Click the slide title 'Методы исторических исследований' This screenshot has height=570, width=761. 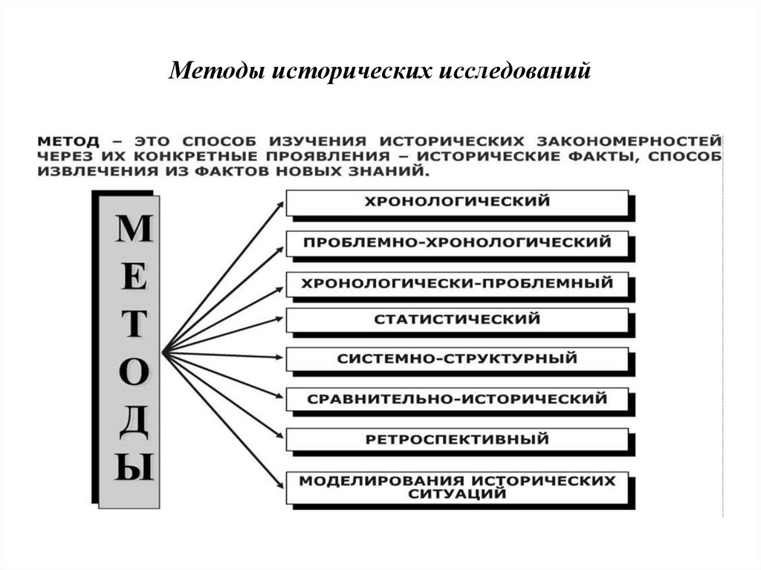point(380,71)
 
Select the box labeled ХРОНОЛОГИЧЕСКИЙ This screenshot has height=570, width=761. point(457,201)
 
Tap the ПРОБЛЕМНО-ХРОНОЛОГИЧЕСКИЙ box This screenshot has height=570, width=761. point(457,242)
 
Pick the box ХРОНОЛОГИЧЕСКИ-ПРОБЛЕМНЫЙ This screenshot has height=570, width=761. point(457,283)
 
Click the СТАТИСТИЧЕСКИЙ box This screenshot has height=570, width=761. point(457,320)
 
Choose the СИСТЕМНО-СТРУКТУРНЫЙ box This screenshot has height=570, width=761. point(457,359)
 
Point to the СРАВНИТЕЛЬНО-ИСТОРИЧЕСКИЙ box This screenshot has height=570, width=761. point(457,399)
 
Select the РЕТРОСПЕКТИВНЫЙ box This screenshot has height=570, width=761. point(457,439)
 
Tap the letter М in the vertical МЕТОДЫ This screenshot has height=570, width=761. point(134,230)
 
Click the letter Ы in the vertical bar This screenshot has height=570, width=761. point(134,469)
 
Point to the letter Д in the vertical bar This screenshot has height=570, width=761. point(134,421)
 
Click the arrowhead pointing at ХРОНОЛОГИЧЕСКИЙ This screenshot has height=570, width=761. point(280,203)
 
